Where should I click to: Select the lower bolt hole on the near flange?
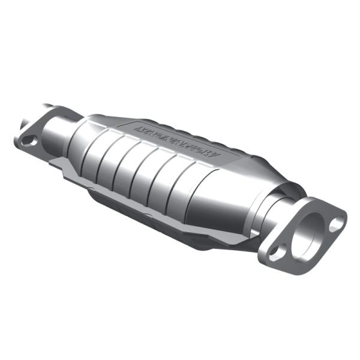coord(275,251)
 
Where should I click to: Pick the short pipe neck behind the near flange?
coord(282,207)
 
